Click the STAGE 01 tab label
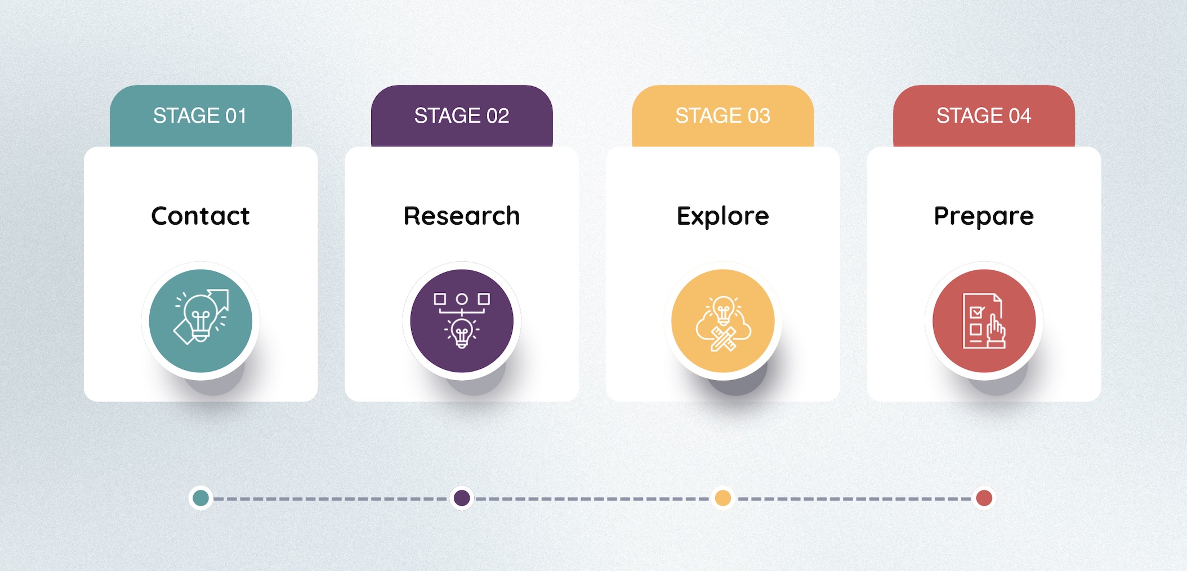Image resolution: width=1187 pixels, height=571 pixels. click(200, 115)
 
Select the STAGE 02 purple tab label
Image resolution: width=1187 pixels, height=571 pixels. click(462, 115)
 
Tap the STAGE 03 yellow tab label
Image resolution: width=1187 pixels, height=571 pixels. click(722, 115)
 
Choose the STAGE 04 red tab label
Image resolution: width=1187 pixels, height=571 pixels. click(984, 115)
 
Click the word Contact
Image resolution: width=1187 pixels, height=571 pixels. click(200, 216)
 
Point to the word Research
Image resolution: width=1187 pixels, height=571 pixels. click(462, 216)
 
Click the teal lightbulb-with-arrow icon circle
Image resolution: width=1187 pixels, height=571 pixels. click(200, 321)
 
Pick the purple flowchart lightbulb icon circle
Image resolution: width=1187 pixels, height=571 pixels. click(462, 321)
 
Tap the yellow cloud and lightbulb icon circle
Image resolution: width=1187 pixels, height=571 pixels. click(723, 321)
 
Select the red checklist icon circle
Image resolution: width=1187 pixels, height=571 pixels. click(984, 321)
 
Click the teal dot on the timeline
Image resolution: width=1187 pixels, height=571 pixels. click(200, 498)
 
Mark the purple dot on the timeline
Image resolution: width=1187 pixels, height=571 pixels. click(462, 498)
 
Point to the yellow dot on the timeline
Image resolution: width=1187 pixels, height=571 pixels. click(723, 498)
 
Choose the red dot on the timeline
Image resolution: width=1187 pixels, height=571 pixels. click(984, 498)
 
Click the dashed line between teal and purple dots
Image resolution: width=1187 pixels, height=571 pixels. click(331, 498)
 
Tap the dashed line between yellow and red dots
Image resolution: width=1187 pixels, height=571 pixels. click(854, 498)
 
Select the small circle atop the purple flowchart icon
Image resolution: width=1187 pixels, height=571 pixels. click(462, 299)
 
